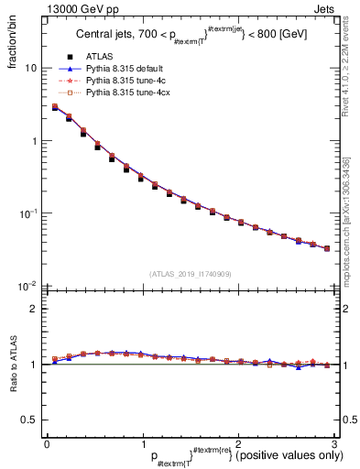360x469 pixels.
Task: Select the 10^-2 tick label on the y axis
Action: [x=28, y=286]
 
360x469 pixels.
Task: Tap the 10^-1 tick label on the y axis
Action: [x=28, y=213]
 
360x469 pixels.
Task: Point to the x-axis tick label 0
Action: [x=47, y=443]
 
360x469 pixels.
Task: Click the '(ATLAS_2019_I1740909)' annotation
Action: [x=189, y=274]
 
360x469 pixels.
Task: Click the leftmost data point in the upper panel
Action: [x=54, y=107]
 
